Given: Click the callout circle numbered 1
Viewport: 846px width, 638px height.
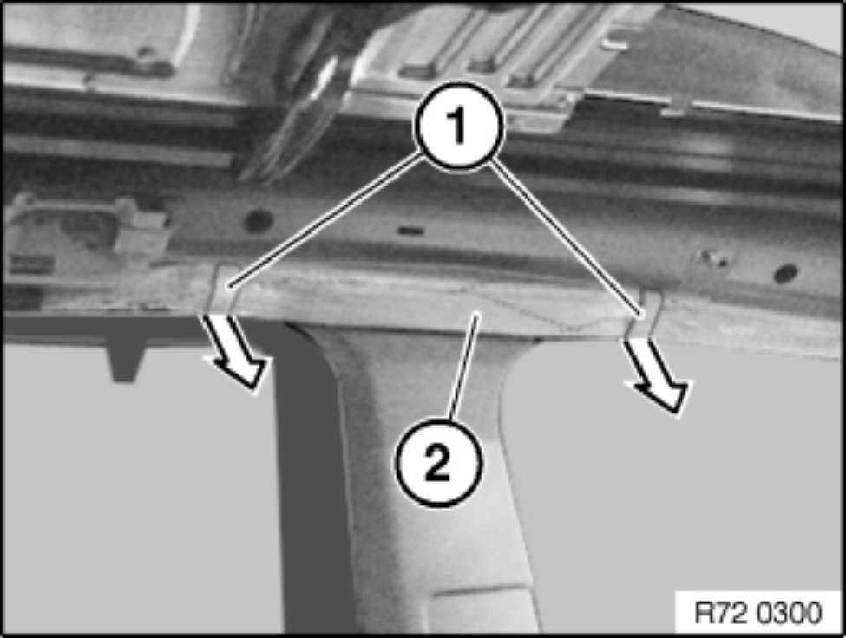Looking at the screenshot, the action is [459, 126].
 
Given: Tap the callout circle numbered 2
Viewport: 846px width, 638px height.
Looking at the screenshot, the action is [438, 461].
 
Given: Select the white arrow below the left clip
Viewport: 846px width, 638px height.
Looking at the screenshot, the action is [236, 351].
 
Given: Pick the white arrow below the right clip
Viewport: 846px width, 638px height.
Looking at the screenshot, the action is [657, 376].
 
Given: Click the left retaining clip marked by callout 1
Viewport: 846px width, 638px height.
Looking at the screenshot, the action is [222, 287].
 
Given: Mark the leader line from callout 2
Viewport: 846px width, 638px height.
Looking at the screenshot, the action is [463, 368].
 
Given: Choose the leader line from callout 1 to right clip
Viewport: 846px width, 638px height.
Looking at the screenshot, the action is [567, 238].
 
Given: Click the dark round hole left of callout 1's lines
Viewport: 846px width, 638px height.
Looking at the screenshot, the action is [258, 220].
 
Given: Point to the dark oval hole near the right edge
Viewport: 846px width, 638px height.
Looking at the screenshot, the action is [785, 274].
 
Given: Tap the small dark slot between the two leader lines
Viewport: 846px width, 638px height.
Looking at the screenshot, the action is [410, 231].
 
